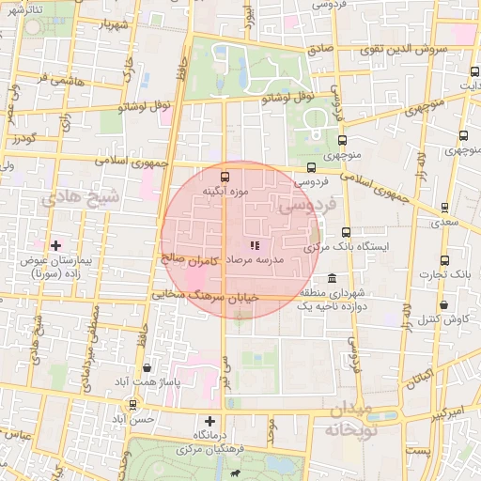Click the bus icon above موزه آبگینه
point(225,176)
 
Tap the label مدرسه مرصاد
point(270,259)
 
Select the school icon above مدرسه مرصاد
point(255,244)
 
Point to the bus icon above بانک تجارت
point(444,260)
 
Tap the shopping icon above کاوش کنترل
point(442,304)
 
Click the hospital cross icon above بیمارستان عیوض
point(55,245)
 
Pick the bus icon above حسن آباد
point(132,405)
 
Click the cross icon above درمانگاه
point(209,422)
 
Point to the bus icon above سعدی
point(444,209)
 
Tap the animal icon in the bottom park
point(231,473)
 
